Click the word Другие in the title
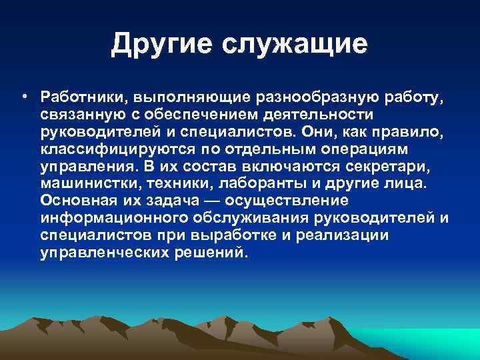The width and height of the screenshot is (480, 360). (x=159, y=45)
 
